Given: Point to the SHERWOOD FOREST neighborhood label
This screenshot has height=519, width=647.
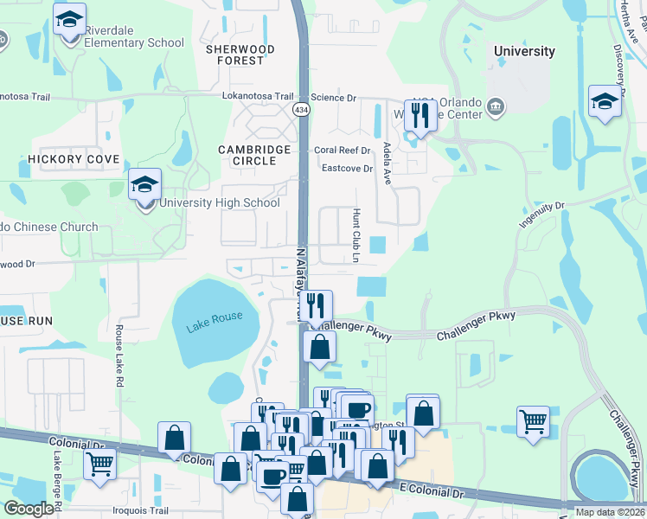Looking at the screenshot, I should point(240,54).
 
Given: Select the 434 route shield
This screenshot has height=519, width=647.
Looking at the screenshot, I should point(301,110).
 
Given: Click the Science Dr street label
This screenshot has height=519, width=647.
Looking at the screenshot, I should point(334,98).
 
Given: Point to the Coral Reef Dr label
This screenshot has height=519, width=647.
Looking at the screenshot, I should point(342,150).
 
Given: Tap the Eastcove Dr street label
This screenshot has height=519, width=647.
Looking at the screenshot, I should point(347,169).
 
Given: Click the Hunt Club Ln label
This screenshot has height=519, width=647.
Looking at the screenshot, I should point(355,234).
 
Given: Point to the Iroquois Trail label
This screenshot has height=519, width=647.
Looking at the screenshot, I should point(153,510).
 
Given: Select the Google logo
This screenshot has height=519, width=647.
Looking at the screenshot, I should point(29,509).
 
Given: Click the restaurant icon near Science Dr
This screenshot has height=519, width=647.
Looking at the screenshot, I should point(420,113).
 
